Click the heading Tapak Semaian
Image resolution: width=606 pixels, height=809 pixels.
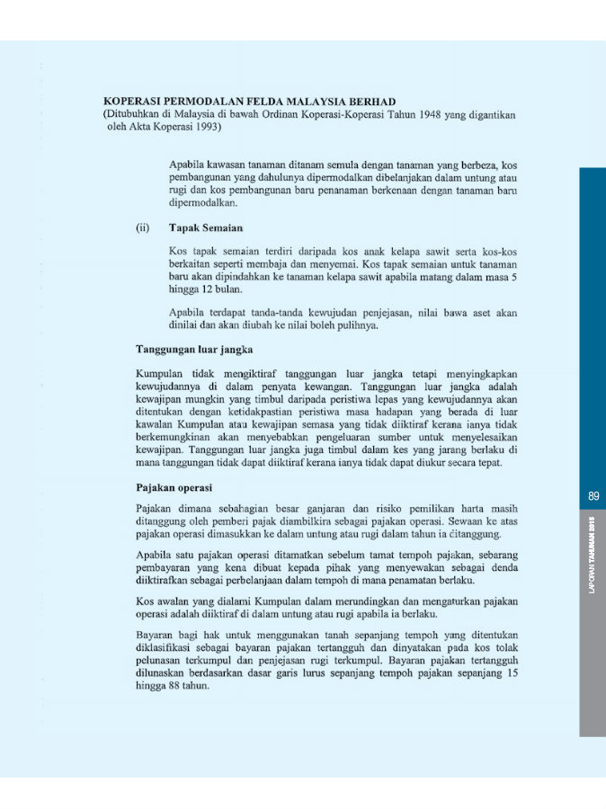point(206,228)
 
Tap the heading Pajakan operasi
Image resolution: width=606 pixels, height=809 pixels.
point(174,487)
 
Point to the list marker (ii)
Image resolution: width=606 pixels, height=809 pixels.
point(142,228)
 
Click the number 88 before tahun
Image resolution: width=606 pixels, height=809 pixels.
point(176,684)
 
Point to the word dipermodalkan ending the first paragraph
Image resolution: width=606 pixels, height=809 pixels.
point(203,204)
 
